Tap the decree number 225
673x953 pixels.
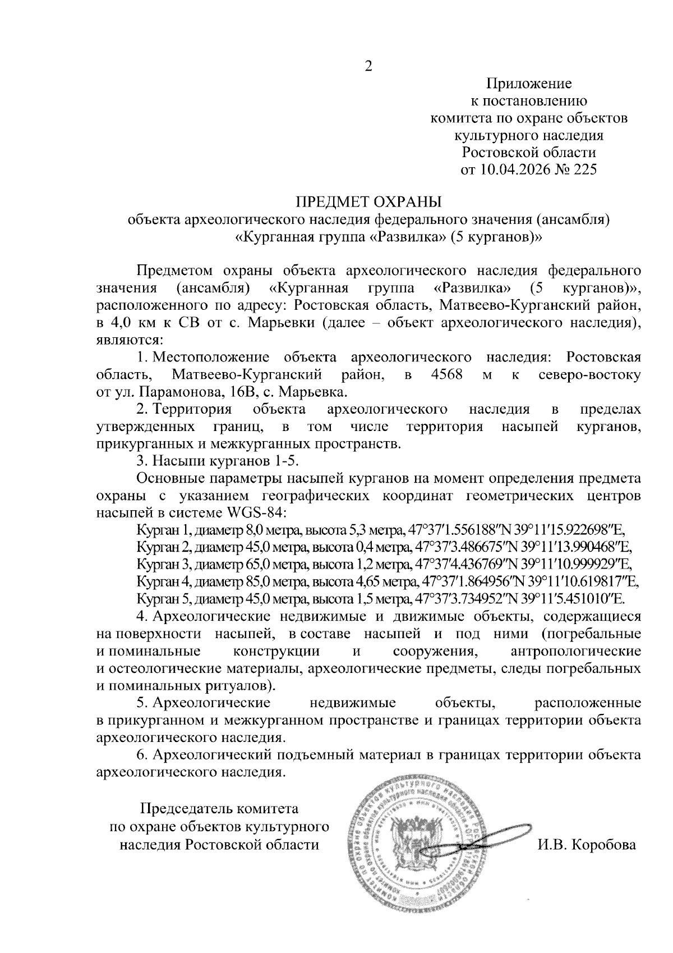583,169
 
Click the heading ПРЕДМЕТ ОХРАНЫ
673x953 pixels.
369,201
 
